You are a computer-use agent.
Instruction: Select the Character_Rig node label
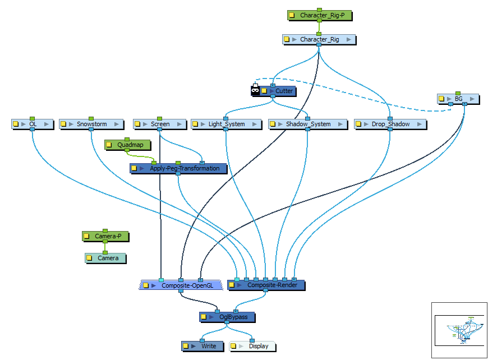[320, 39]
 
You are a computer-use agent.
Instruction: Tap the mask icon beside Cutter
[255, 90]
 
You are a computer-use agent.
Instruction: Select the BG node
[458, 99]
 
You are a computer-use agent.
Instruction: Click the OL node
[33, 124]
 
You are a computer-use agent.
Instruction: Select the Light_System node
[227, 124]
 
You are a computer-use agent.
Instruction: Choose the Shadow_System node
[308, 124]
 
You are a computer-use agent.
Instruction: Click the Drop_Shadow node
[390, 124]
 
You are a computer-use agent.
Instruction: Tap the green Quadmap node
[130, 145]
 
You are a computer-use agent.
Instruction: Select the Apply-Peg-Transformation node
[185, 168]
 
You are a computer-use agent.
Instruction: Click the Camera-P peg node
[108, 237]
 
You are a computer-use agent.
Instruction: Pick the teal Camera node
[108, 258]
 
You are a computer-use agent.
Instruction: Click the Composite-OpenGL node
[187, 285]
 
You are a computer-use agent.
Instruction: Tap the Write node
[208, 346]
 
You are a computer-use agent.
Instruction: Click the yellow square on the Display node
[233, 346]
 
